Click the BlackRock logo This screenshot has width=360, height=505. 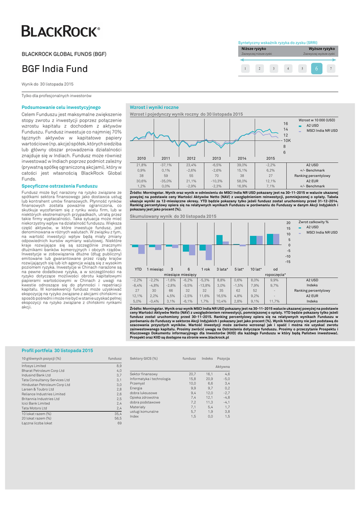coord(60,32)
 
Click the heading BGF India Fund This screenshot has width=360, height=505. coord(55,69)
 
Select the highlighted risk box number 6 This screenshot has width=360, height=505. coord(317,69)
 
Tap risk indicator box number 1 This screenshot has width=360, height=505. coord(245,69)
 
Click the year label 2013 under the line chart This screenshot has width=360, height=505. coord(216,158)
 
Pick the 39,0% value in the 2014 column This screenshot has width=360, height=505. coord(242,165)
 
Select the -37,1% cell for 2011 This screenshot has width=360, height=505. coord(166,165)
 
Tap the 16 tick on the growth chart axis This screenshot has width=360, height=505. coord(285,123)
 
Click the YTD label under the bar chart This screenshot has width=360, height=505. coord(138,269)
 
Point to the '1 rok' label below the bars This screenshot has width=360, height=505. coord(205,269)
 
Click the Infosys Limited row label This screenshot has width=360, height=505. coord(34,366)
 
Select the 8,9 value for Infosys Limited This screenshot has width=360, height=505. coord(118,366)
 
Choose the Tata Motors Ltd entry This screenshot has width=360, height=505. coord(34,408)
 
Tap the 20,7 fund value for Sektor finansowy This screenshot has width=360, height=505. coord(192,374)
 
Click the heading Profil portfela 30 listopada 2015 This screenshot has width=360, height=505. coord(57,350)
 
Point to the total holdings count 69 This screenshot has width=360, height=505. coord(119,423)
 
